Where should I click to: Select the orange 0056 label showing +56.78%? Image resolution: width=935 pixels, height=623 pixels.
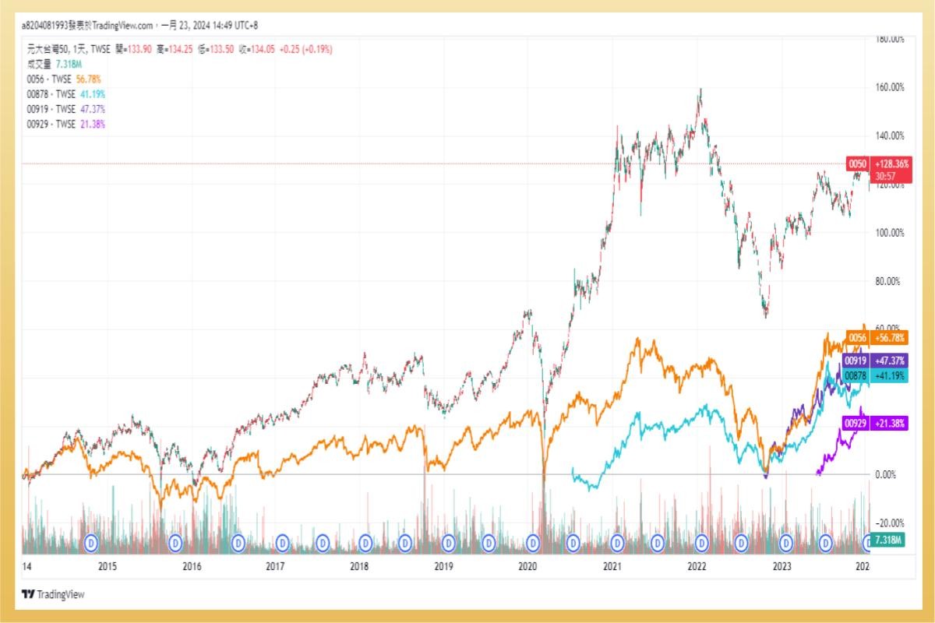(x=878, y=337)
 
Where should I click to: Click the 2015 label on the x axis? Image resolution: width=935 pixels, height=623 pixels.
(x=107, y=566)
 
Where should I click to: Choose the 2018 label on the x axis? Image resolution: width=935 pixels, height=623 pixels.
(x=359, y=566)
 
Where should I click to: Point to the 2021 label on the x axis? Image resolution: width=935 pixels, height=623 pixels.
(x=612, y=566)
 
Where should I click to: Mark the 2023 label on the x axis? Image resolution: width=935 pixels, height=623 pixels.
(x=781, y=566)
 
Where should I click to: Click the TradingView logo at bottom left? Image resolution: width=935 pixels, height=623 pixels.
(x=53, y=594)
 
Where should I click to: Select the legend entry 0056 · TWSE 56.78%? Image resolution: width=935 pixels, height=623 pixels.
(x=64, y=79)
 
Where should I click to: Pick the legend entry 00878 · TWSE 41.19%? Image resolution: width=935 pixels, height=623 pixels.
(x=65, y=93)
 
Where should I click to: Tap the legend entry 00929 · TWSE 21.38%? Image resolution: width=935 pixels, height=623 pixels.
(x=65, y=123)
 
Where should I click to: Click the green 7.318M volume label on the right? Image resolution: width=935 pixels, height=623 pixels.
(x=887, y=540)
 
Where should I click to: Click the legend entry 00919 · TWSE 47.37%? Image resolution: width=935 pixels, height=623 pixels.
(x=65, y=108)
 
